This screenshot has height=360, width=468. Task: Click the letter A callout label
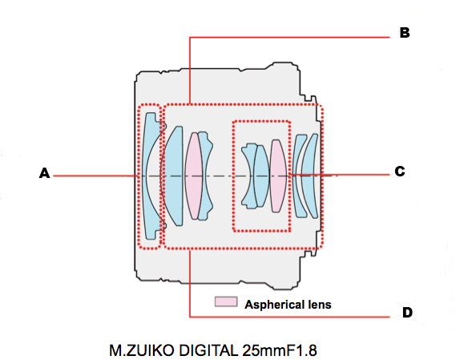(44, 173)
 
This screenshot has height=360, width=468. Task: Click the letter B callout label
(405, 33)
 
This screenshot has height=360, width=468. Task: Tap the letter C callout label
(400, 172)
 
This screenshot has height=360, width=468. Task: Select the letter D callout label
(407, 313)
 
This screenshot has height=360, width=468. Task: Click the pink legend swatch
(226, 301)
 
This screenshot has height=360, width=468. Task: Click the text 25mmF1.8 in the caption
(280, 350)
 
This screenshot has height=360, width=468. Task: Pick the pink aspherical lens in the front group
(194, 176)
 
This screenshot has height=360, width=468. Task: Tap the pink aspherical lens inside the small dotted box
(279, 176)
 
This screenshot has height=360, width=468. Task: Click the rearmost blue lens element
(310, 176)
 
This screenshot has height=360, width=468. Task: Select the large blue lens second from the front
(173, 176)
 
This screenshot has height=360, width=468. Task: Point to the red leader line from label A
(95, 176)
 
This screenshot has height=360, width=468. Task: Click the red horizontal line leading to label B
(289, 38)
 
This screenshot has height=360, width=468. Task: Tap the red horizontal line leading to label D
(289, 317)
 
